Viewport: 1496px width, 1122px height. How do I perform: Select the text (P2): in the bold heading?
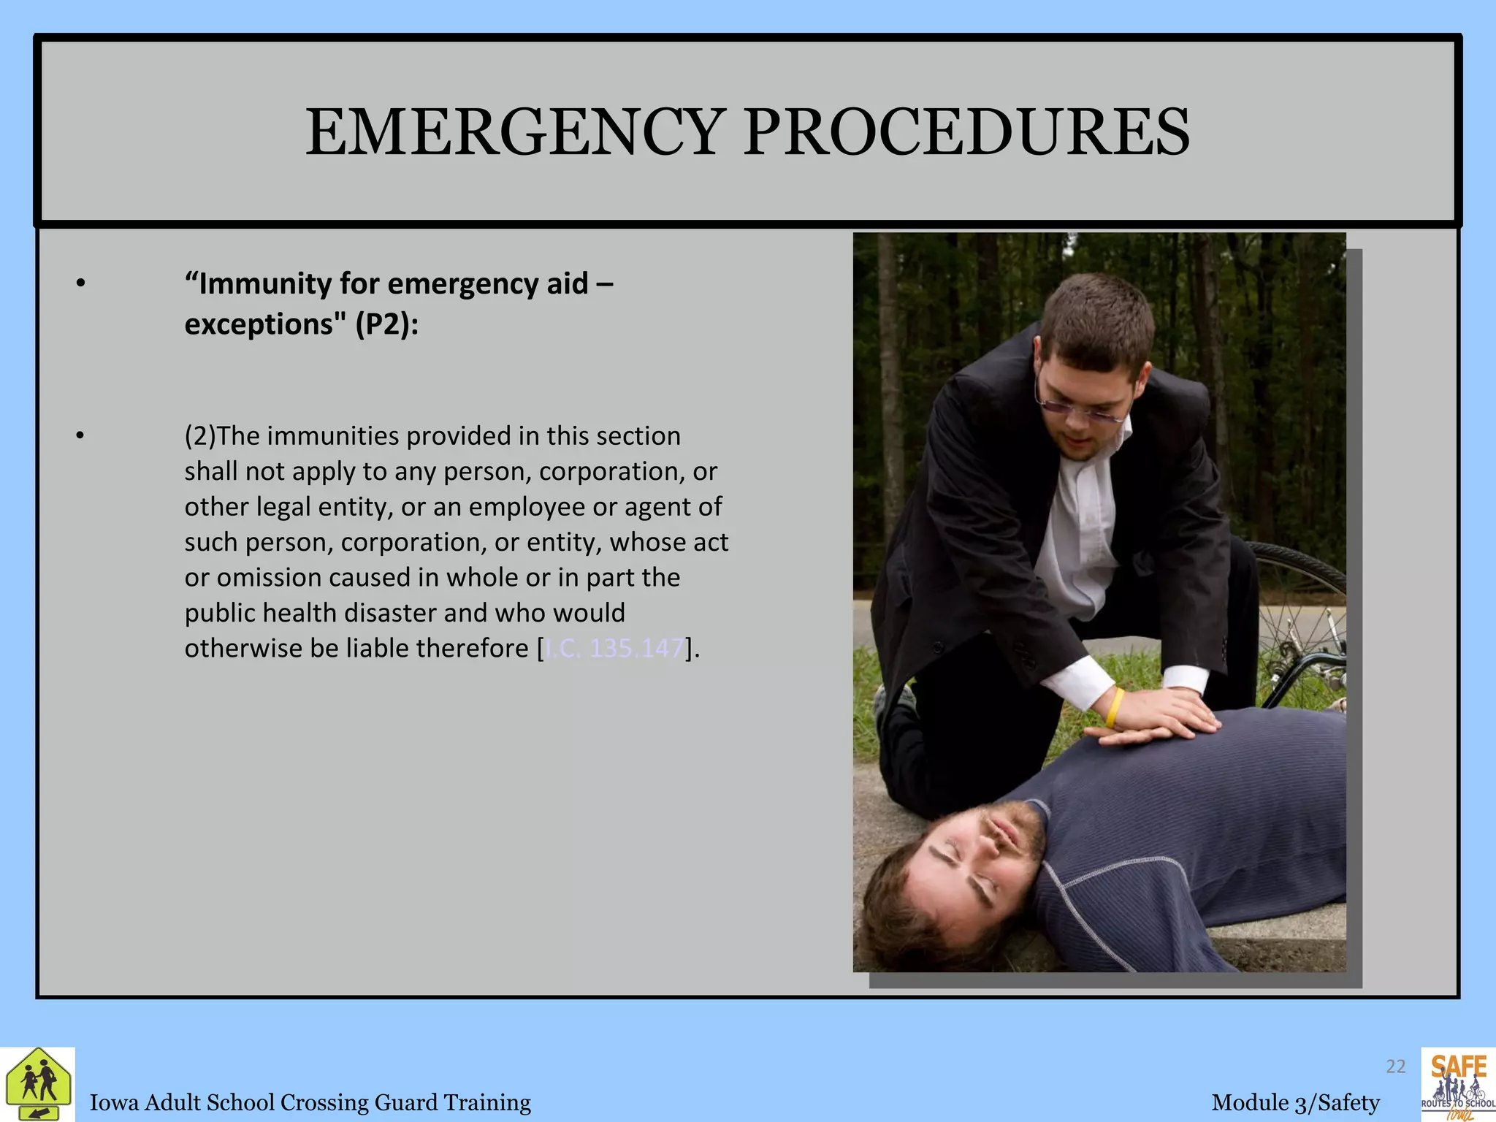(x=387, y=324)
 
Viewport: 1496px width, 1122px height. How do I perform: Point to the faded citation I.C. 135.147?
(x=614, y=648)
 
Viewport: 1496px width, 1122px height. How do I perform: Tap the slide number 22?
(x=1395, y=1066)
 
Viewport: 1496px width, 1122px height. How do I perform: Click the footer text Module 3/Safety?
(x=1296, y=1102)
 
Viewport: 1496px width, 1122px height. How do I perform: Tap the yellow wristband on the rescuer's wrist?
(x=1115, y=706)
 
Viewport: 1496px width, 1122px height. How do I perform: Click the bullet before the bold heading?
(x=80, y=283)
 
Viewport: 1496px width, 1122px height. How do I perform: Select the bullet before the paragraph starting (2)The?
(x=80, y=436)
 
